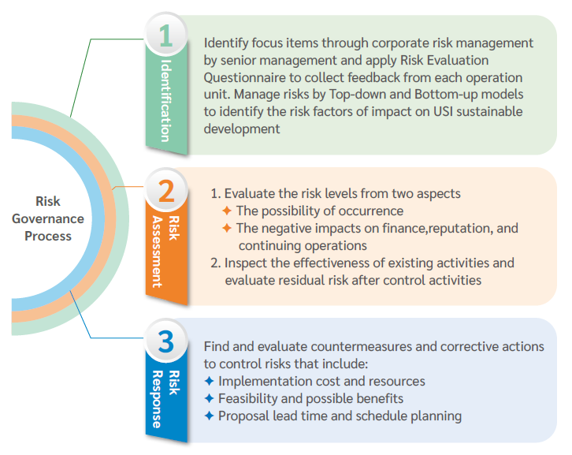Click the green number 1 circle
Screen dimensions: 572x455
pyautogui.click(x=166, y=35)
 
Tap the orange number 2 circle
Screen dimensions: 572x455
pyautogui.click(x=166, y=190)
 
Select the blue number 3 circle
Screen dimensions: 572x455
pyautogui.click(x=166, y=341)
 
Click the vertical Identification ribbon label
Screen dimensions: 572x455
pyautogui.click(x=166, y=100)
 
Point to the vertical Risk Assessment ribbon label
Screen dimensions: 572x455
pyautogui.click(x=166, y=252)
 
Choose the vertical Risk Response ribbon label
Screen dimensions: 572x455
pyautogui.click(x=166, y=399)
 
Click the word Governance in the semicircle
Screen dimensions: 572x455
pyautogui.click(x=48, y=218)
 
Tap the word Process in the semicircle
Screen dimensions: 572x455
pyautogui.click(x=48, y=236)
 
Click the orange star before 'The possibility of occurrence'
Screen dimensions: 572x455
pyautogui.click(x=227, y=211)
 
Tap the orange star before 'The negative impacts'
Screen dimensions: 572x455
pyautogui.click(x=227, y=228)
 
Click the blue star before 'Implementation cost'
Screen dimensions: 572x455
pyautogui.click(x=209, y=381)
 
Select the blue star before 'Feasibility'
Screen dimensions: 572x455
pyautogui.click(x=209, y=398)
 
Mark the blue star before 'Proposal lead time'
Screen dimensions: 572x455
pyautogui.click(x=209, y=416)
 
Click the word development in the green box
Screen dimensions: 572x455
pyautogui.click(x=242, y=129)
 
